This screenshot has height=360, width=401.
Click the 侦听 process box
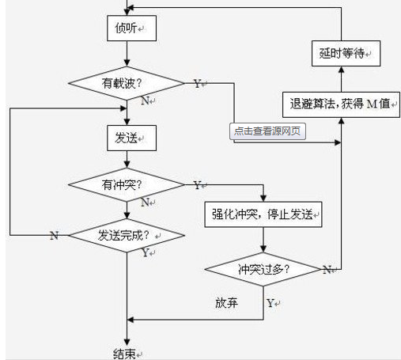(x=131, y=28)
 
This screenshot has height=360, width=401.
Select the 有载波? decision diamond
(x=127, y=83)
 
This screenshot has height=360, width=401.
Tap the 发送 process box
(x=131, y=138)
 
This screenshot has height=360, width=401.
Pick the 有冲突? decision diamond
(x=127, y=184)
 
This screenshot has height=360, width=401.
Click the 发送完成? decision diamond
(x=127, y=235)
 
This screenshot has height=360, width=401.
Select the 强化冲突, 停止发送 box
(x=263, y=214)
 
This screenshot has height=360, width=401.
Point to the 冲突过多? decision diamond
(x=263, y=269)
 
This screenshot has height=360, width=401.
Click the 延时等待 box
(x=346, y=53)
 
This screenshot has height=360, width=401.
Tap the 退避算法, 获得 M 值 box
(x=341, y=104)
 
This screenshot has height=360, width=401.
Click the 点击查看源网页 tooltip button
(x=267, y=131)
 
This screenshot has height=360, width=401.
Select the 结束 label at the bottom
(x=124, y=354)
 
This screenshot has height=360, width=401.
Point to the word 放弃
(x=226, y=303)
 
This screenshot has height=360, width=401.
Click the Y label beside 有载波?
(x=197, y=84)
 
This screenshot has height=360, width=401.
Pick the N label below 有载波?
(x=146, y=100)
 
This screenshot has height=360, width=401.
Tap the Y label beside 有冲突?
(x=197, y=185)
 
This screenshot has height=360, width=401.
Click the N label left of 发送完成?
(x=54, y=235)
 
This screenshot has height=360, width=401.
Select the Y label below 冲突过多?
(x=270, y=303)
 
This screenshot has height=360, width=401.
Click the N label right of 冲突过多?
(x=327, y=270)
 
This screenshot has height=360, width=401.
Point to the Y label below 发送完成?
(x=146, y=252)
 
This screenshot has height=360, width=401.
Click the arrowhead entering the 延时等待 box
(x=341, y=70)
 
